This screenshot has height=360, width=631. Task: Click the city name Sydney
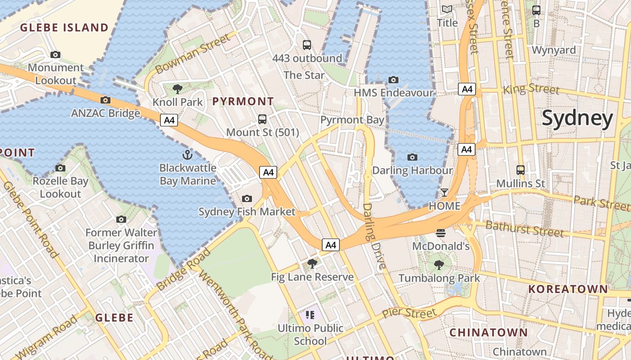577,118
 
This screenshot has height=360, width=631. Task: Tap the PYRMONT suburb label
243,101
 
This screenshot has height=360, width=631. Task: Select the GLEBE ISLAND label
64,27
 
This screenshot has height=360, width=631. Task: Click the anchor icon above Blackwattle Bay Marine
187,155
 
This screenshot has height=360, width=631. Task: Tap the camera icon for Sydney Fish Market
247,198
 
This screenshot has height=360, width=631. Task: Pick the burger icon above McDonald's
441,233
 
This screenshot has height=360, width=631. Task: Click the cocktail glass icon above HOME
444,193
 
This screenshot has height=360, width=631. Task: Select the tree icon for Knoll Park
178,89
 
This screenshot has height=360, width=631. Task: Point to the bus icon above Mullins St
521,170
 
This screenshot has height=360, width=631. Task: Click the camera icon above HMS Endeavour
393,80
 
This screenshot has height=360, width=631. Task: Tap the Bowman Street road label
193,55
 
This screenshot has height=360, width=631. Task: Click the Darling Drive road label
374,236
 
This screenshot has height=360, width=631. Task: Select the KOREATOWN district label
568,289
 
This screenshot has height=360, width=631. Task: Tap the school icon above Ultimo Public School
310,315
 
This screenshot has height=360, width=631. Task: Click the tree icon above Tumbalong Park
439,265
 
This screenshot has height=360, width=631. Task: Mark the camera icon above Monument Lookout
55,55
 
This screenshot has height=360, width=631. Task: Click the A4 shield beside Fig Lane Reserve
331,245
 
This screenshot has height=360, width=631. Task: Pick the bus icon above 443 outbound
307,45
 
